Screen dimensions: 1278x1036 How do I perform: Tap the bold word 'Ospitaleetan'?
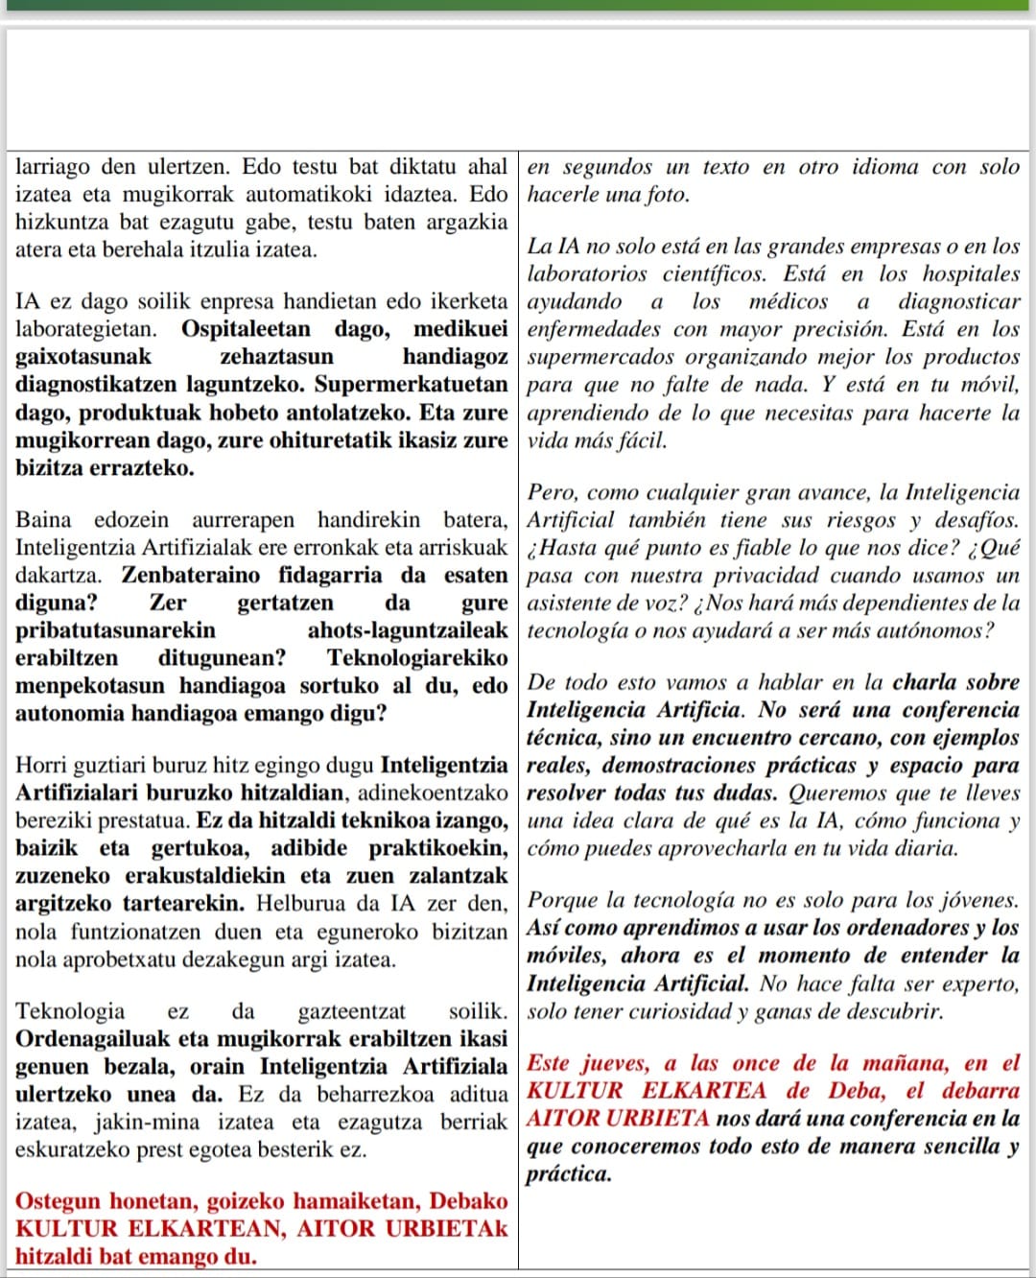(x=247, y=329)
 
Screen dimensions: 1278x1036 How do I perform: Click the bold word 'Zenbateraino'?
(x=191, y=575)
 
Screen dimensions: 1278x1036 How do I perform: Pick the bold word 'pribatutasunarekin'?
(x=115, y=630)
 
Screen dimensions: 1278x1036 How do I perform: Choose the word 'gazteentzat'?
(x=352, y=1011)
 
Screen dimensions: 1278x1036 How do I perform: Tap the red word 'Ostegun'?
(x=57, y=1201)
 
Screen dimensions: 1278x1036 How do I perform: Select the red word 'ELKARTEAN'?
(x=204, y=1229)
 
